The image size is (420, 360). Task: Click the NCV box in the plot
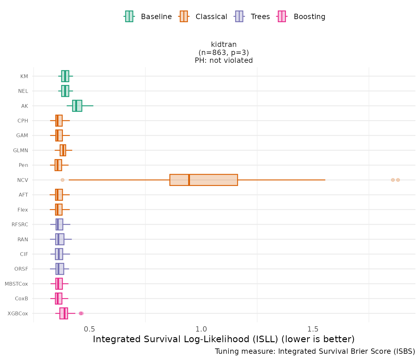(203, 180)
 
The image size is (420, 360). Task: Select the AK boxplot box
(77, 106)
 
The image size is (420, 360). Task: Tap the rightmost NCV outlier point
(398, 180)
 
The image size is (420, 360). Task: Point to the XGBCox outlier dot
(81, 313)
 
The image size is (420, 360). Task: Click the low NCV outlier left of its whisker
(62, 180)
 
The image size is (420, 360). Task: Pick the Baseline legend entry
(148, 17)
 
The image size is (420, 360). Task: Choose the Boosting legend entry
(302, 17)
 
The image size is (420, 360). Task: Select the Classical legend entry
(203, 17)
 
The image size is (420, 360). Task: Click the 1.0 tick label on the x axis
(201, 329)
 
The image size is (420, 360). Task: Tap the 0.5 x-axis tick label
(89, 329)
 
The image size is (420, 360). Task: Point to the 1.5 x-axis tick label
(313, 329)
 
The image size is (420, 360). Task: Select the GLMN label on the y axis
(21, 150)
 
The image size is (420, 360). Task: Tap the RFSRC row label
(20, 224)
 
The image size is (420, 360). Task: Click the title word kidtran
(224, 44)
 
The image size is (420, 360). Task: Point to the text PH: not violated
(224, 60)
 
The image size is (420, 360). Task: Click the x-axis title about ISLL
(224, 339)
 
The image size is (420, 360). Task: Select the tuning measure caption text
(315, 351)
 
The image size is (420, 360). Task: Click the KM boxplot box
(65, 76)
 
